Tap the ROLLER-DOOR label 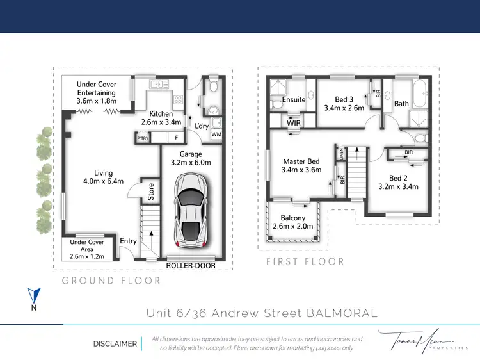point(191,265)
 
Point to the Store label point(151,193)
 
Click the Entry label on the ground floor point(129,241)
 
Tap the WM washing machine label point(216,134)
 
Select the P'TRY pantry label point(142,137)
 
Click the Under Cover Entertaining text point(96,88)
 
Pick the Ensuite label point(293,99)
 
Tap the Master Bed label point(300,161)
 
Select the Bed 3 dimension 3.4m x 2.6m point(344,108)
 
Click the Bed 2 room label point(397,178)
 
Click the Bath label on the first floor point(401,104)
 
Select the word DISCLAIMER point(115,343)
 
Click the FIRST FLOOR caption point(305,261)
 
